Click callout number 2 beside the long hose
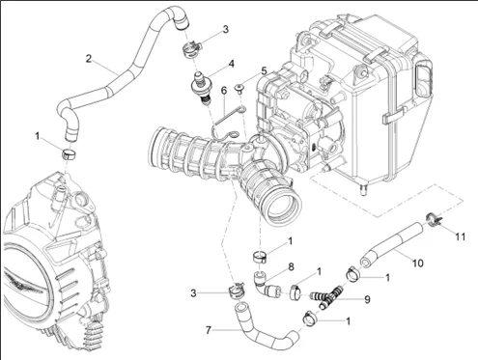[89, 59]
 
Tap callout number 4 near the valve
[231, 64]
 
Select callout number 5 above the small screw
[265, 70]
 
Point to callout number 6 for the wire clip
[224, 91]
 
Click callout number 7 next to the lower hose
[209, 330]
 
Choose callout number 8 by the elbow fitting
[291, 267]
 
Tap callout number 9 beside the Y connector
[367, 300]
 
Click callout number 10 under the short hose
[417, 263]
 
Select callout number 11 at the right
[461, 236]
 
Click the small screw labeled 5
[239, 89]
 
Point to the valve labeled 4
[201, 87]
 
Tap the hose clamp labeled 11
[434, 220]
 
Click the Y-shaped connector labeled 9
[327, 295]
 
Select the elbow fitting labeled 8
[263, 285]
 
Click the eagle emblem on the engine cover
[24, 282]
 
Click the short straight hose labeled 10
[392, 245]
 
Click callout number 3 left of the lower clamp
[193, 293]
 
